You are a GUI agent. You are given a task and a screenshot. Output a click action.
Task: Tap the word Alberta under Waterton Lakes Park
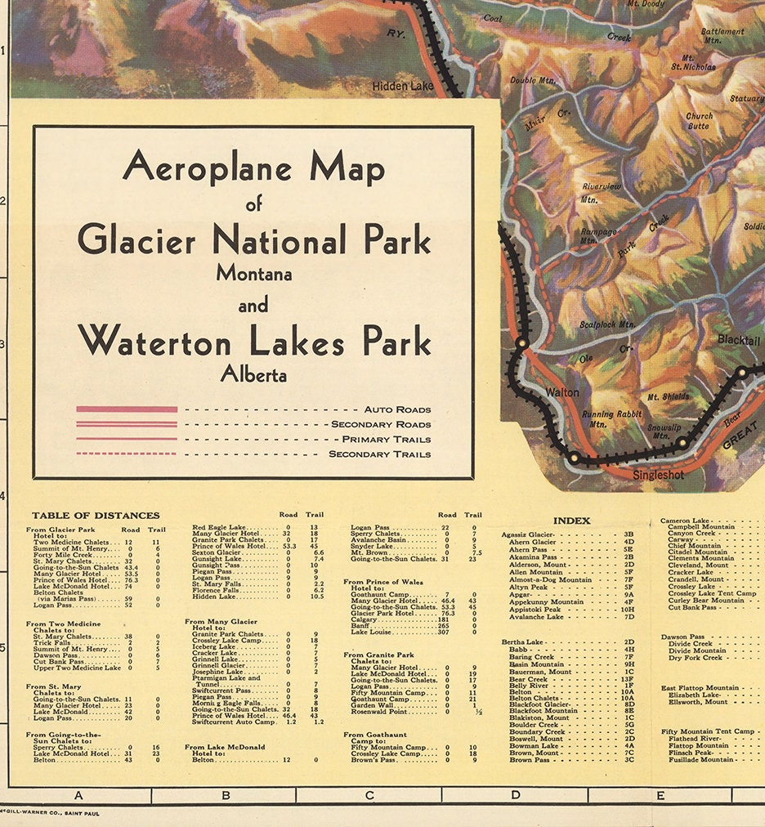[253, 375]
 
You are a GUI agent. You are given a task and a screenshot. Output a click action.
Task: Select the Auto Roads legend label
[398, 409]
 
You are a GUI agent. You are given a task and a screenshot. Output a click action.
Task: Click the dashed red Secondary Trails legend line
[127, 454]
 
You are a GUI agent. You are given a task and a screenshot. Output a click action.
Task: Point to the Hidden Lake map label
[403, 86]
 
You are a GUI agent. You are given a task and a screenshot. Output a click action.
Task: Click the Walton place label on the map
[562, 392]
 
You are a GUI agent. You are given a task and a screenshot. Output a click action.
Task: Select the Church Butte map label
[699, 122]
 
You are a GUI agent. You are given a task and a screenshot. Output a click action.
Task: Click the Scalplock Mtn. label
[607, 324]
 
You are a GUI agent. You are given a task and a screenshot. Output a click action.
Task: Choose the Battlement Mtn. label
[722, 36]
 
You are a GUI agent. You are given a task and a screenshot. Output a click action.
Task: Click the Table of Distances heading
[96, 516]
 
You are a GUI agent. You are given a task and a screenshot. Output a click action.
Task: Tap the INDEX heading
[571, 521]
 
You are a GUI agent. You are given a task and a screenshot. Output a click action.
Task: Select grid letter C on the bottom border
[369, 795]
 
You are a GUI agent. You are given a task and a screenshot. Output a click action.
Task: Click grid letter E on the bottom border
[660, 795]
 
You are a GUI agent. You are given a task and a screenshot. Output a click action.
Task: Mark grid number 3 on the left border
[3, 344]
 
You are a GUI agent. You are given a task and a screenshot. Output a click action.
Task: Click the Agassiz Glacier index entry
[532, 534]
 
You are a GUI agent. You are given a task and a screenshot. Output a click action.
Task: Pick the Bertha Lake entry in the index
[523, 642]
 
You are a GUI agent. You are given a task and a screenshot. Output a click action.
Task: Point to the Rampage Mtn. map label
[599, 236]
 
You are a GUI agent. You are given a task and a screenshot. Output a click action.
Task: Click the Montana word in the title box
[253, 275]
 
